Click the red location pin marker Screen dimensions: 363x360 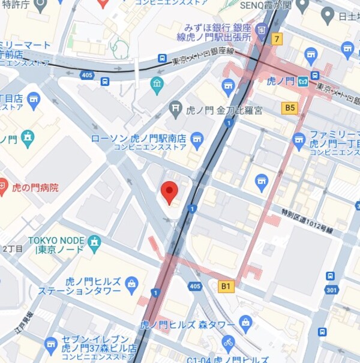coord(170,193)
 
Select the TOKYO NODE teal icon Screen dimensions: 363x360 coord(94,242)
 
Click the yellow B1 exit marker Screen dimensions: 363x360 coord(225,287)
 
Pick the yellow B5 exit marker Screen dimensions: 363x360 coord(290,107)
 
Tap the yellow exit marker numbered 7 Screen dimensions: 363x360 coord(276,40)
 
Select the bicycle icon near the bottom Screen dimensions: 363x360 coord(227,344)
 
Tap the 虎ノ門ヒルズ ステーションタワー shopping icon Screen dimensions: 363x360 coord(132,283)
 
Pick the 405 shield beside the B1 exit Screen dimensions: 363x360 coord(194,287)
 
